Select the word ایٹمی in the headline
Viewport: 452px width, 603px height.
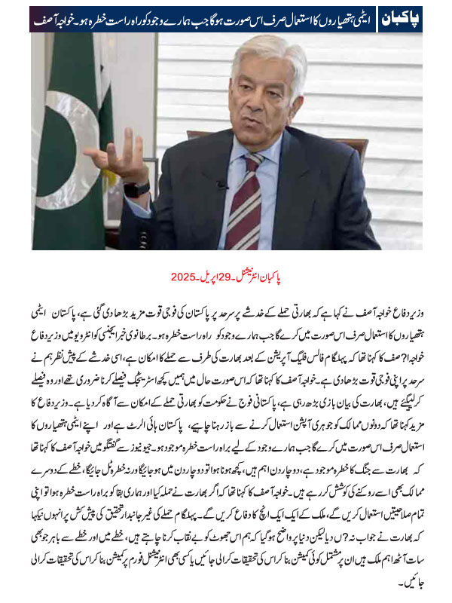coord(365,16)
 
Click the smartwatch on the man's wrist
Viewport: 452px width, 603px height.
coord(138,188)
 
